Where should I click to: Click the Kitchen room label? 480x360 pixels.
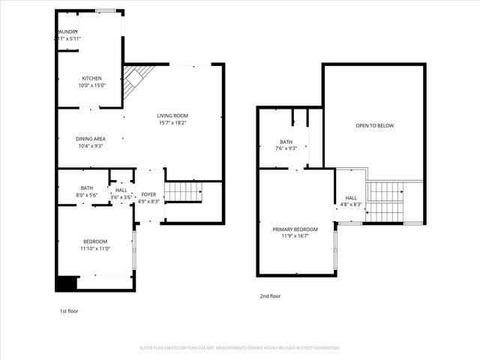click(91, 78)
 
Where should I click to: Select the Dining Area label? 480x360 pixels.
click(90, 138)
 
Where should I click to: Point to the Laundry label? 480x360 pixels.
click(68, 31)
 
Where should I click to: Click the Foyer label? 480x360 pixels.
click(148, 194)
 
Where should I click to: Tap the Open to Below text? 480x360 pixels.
click(374, 125)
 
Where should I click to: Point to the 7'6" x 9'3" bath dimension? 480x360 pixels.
click(286, 148)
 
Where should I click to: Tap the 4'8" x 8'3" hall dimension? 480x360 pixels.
click(351, 204)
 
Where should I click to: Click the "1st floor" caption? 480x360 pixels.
click(68, 310)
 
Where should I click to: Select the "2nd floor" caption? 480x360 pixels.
click(270, 296)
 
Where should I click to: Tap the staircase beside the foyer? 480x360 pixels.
click(182, 192)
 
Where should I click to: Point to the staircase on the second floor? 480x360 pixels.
click(385, 201)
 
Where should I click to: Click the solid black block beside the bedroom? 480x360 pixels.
click(65, 283)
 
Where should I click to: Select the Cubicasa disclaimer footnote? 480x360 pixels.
click(240, 348)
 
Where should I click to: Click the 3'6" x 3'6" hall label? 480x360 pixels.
click(121, 194)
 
